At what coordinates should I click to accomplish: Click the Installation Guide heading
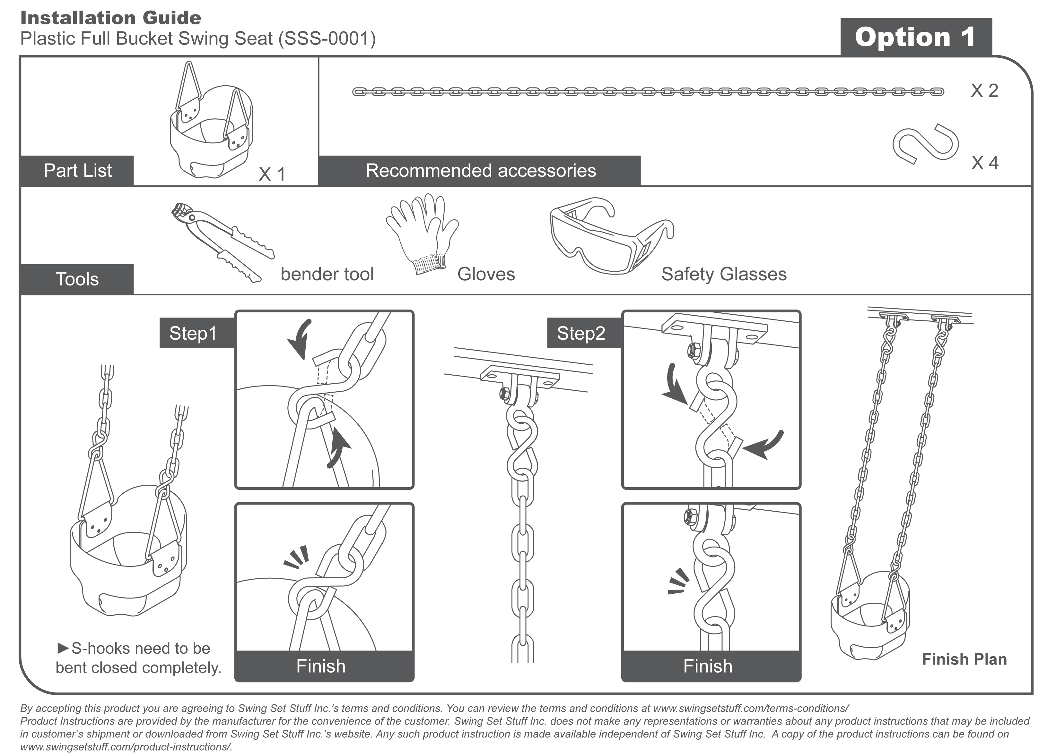click(x=111, y=18)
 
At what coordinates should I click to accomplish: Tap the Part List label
click(x=78, y=171)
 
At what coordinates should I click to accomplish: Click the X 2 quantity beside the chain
click(x=984, y=91)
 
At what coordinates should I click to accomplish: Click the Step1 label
click(x=193, y=333)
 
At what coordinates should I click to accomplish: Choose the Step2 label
click(x=581, y=333)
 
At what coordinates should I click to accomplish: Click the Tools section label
click(x=77, y=279)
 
